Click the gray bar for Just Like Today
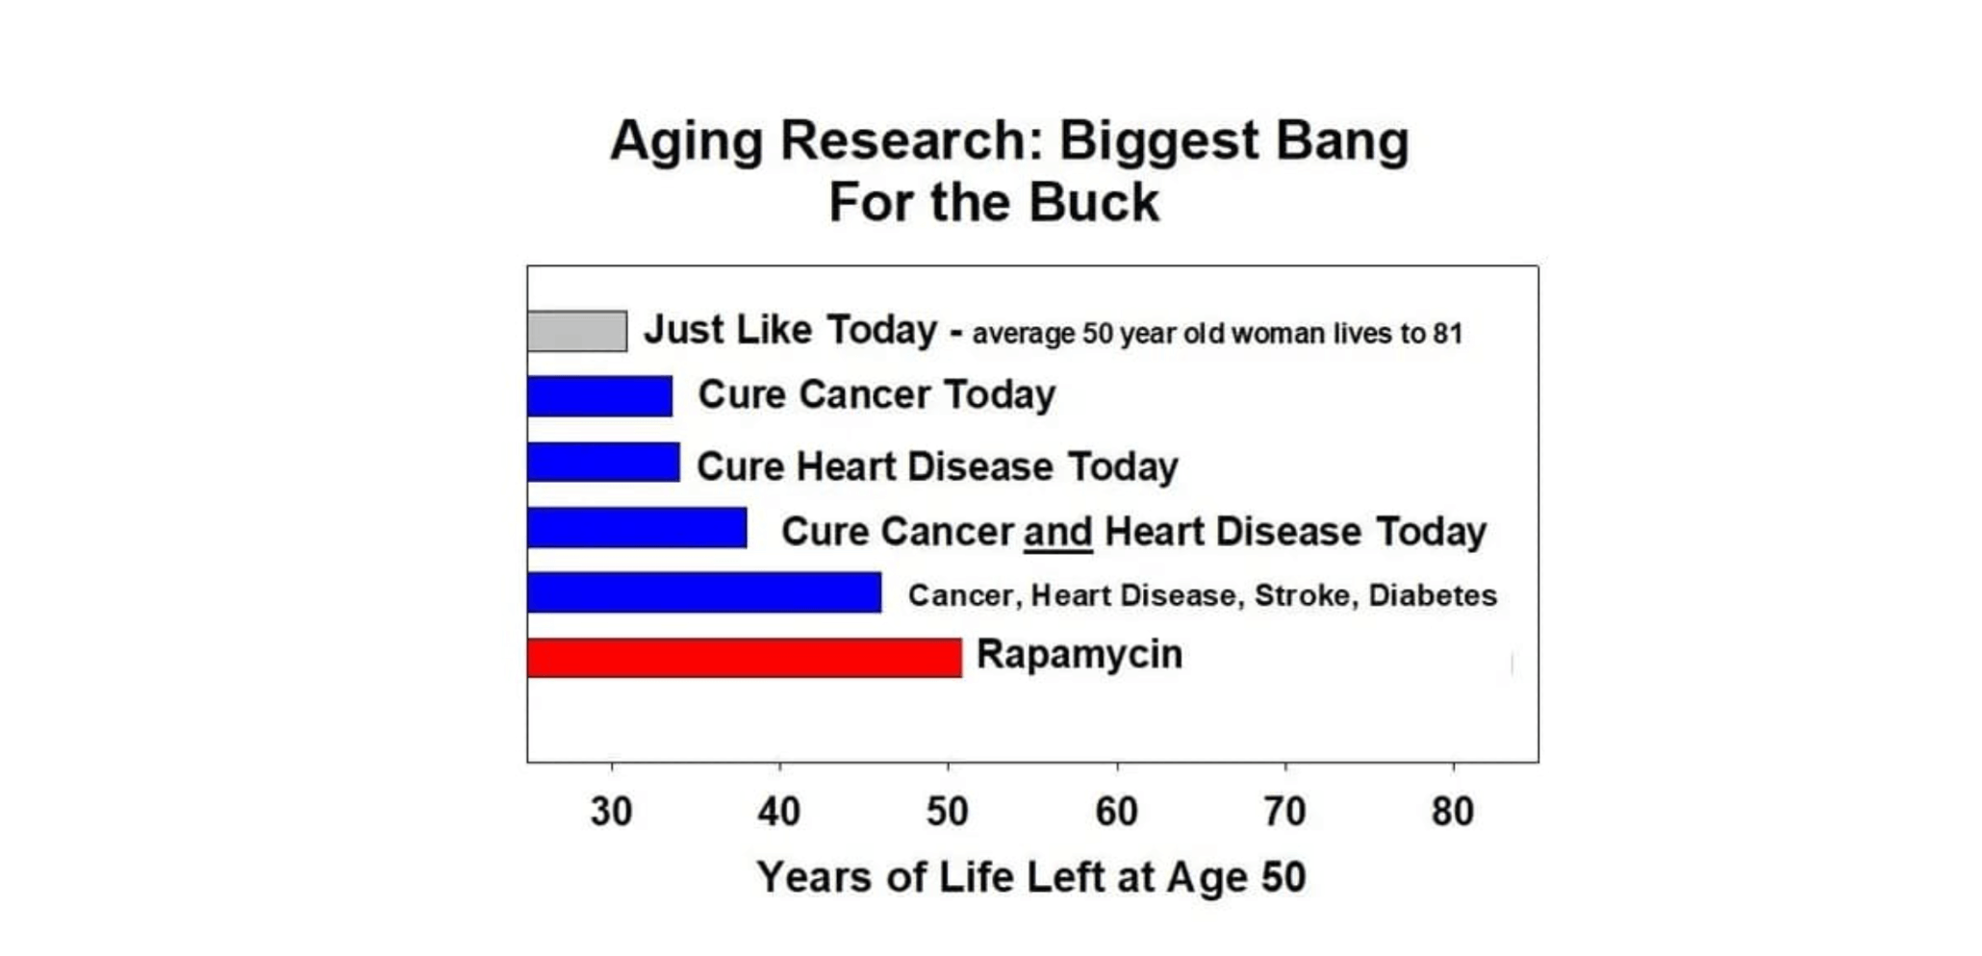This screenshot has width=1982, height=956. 577,331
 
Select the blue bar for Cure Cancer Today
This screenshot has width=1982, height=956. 600,396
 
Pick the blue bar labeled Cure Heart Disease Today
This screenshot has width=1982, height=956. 604,462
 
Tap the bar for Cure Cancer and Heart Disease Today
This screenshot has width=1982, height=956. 638,527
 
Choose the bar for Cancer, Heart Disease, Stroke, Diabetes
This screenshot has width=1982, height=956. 705,591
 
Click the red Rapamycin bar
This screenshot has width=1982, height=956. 745,657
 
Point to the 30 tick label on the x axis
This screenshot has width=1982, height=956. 612,812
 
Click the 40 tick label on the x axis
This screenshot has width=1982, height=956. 779,812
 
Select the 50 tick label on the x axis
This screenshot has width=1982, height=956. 948,812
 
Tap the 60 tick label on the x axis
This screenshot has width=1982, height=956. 1117,812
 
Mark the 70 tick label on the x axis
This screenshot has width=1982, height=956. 1285,812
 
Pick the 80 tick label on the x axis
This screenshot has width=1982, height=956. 1453,812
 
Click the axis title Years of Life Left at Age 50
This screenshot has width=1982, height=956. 1031,877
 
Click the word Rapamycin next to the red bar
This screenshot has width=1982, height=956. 1080,655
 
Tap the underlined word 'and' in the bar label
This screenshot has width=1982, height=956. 1058,532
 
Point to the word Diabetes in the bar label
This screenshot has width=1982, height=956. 1433,595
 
